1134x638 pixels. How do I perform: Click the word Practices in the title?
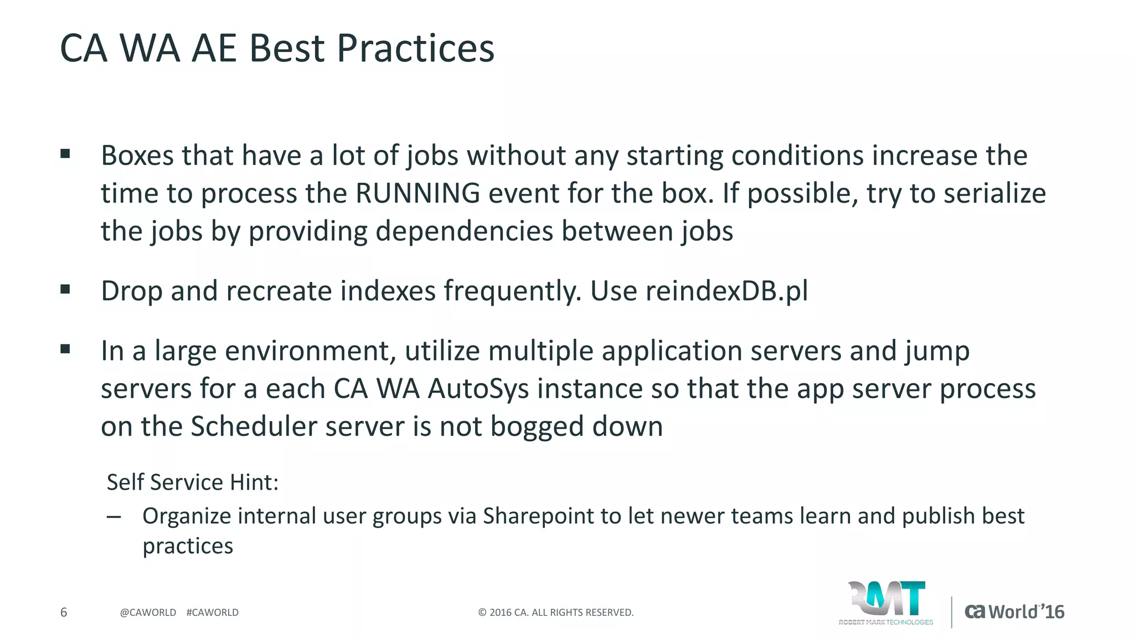click(x=415, y=49)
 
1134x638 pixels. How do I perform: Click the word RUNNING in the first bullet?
click(x=417, y=193)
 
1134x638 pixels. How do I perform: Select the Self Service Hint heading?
click(x=192, y=482)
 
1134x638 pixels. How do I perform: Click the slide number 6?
click(x=64, y=612)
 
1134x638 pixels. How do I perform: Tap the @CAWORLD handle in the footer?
click(x=148, y=613)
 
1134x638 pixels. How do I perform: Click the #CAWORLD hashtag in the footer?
click(x=213, y=613)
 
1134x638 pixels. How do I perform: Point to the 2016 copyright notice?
click(x=555, y=613)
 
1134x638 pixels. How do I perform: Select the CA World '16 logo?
click(x=1014, y=611)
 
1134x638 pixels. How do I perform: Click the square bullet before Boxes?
click(x=65, y=154)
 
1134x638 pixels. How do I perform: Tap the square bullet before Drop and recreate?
click(x=65, y=289)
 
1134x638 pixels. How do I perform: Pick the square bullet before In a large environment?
click(x=65, y=349)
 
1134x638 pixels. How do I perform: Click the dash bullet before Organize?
click(x=114, y=517)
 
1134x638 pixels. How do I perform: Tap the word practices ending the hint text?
click(x=188, y=546)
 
